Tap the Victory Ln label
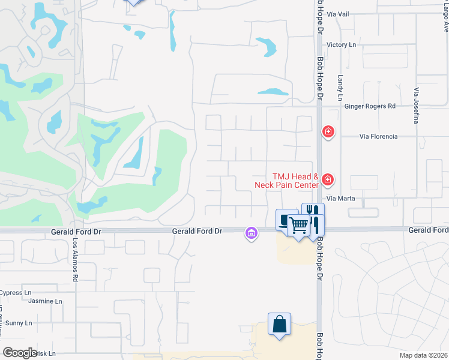point(341,45)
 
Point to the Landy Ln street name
point(340,88)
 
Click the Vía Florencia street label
point(378,137)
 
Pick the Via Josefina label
point(415,105)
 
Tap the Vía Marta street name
point(341,199)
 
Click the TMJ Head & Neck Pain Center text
point(295,181)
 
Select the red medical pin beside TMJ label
point(328,179)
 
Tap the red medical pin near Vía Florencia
point(328,131)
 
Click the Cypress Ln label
point(16,293)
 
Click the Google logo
point(20,353)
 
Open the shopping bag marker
point(280,325)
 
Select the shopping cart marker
point(298,226)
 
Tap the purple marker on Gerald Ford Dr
point(252,232)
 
